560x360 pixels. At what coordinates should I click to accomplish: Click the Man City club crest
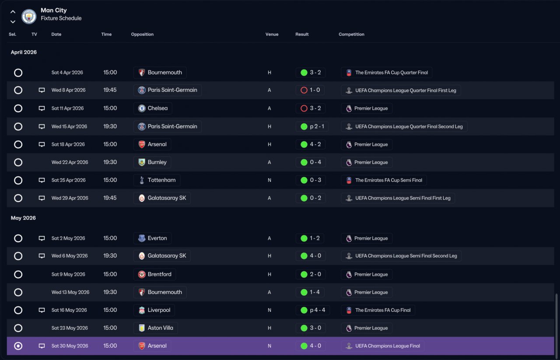pyautogui.click(x=29, y=17)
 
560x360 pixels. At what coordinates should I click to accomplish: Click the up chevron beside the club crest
pyautogui.click(x=13, y=12)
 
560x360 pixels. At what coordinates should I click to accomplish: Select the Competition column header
pyautogui.click(x=351, y=34)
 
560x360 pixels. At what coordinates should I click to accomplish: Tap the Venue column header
pyautogui.click(x=272, y=34)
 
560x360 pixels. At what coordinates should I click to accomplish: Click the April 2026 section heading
pyautogui.click(x=24, y=52)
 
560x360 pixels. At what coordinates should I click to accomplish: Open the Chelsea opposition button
pyautogui.click(x=153, y=108)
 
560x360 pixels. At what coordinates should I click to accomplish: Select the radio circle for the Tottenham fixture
pyautogui.click(x=18, y=180)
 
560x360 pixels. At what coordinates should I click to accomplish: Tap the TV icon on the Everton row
pyautogui.click(x=42, y=238)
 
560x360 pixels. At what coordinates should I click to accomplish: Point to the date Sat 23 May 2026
pyautogui.click(x=70, y=328)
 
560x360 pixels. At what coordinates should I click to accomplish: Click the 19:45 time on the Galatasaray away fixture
pyautogui.click(x=110, y=198)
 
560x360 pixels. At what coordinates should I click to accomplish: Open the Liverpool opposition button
pyautogui.click(x=154, y=310)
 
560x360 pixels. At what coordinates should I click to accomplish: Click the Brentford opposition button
pyautogui.click(x=154, y=274)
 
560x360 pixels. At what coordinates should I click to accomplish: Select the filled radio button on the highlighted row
pyautogui.click(x=18, y=346)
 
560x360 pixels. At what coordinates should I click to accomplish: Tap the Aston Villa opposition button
pyautogui.click(x=155, y=328)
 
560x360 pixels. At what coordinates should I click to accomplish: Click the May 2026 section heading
pyautogui.click(x=23, y=218)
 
